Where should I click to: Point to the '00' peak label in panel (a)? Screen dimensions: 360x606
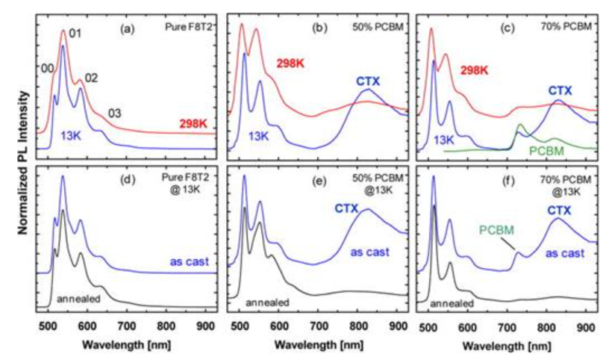[47, 68]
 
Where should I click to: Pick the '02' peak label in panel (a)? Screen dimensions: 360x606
[91, 78]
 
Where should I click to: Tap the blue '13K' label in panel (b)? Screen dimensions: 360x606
[259, 136]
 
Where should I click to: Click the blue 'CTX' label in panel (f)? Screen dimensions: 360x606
[560, 211]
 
